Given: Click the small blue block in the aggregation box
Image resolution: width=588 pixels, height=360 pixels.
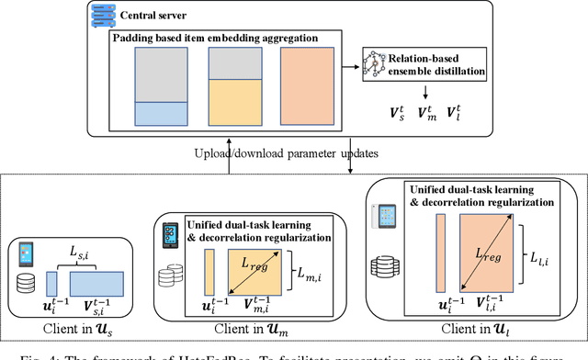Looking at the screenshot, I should click(x=161, y=113).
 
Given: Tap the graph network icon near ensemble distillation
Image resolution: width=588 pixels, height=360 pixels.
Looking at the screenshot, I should click(x=377, y=62).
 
